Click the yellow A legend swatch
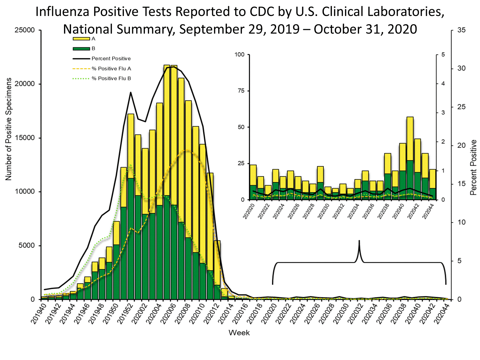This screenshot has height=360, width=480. [81, 39]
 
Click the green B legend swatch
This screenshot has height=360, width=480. [81, 49]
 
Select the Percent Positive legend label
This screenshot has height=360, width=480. [111, 59]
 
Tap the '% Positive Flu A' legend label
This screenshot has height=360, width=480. [111, 68]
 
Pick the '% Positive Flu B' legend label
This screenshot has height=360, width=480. [111, 78]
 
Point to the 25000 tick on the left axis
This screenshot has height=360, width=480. [25, 30]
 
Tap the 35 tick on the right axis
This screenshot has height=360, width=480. [461, 30]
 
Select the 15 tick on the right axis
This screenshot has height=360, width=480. [461, 184]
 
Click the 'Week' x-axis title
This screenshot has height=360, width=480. [239, 333]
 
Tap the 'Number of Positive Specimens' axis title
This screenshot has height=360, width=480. [8, 129]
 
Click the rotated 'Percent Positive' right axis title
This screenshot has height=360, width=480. [473, 167]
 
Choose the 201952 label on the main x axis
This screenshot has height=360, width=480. [125, 314]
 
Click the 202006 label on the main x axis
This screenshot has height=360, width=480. [169, 314]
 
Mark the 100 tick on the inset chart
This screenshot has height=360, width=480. [239, 55]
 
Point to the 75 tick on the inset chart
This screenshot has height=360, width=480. [241, 91]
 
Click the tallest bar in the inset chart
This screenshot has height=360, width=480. [410, 158]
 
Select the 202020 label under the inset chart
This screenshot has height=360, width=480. [249, 212]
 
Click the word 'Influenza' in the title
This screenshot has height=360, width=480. [63, 12]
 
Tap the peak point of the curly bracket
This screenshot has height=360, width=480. [359, 241]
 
